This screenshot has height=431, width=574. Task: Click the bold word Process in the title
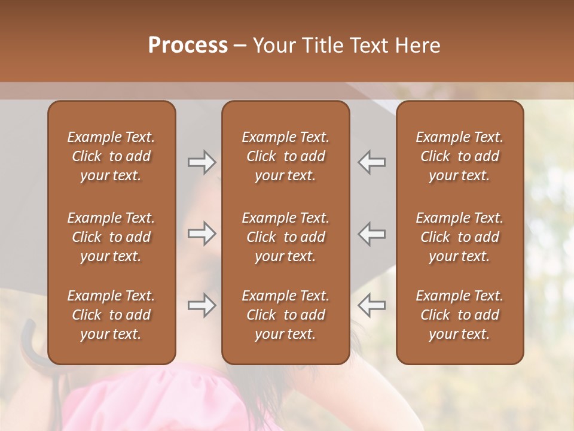tap(188, 45)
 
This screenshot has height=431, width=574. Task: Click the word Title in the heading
tap(323, 45)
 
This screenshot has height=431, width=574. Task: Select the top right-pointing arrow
tap(201, 162)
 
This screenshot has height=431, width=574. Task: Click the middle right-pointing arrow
tap(201, 233)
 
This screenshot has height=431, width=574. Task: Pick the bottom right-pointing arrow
tap(201, 305)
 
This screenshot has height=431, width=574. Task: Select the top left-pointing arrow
tap(372, 162)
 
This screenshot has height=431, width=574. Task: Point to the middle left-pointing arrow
tap(372, 233)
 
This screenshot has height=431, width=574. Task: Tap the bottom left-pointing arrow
tap(372, 305)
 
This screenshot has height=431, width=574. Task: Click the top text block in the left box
tap(111, 156)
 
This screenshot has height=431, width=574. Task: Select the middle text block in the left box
tap(111, 237)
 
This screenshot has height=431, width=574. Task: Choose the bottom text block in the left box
tap(111, 315)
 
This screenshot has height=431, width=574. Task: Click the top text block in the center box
tap(285, 156)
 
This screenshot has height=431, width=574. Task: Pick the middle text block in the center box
tap(285, 237)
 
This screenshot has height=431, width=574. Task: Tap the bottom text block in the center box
tap(285, 315)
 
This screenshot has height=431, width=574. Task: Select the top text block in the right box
tap(459, 156)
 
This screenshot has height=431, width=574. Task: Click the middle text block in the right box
tap(459, 237)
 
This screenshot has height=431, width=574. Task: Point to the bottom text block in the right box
tap(459, 315)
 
